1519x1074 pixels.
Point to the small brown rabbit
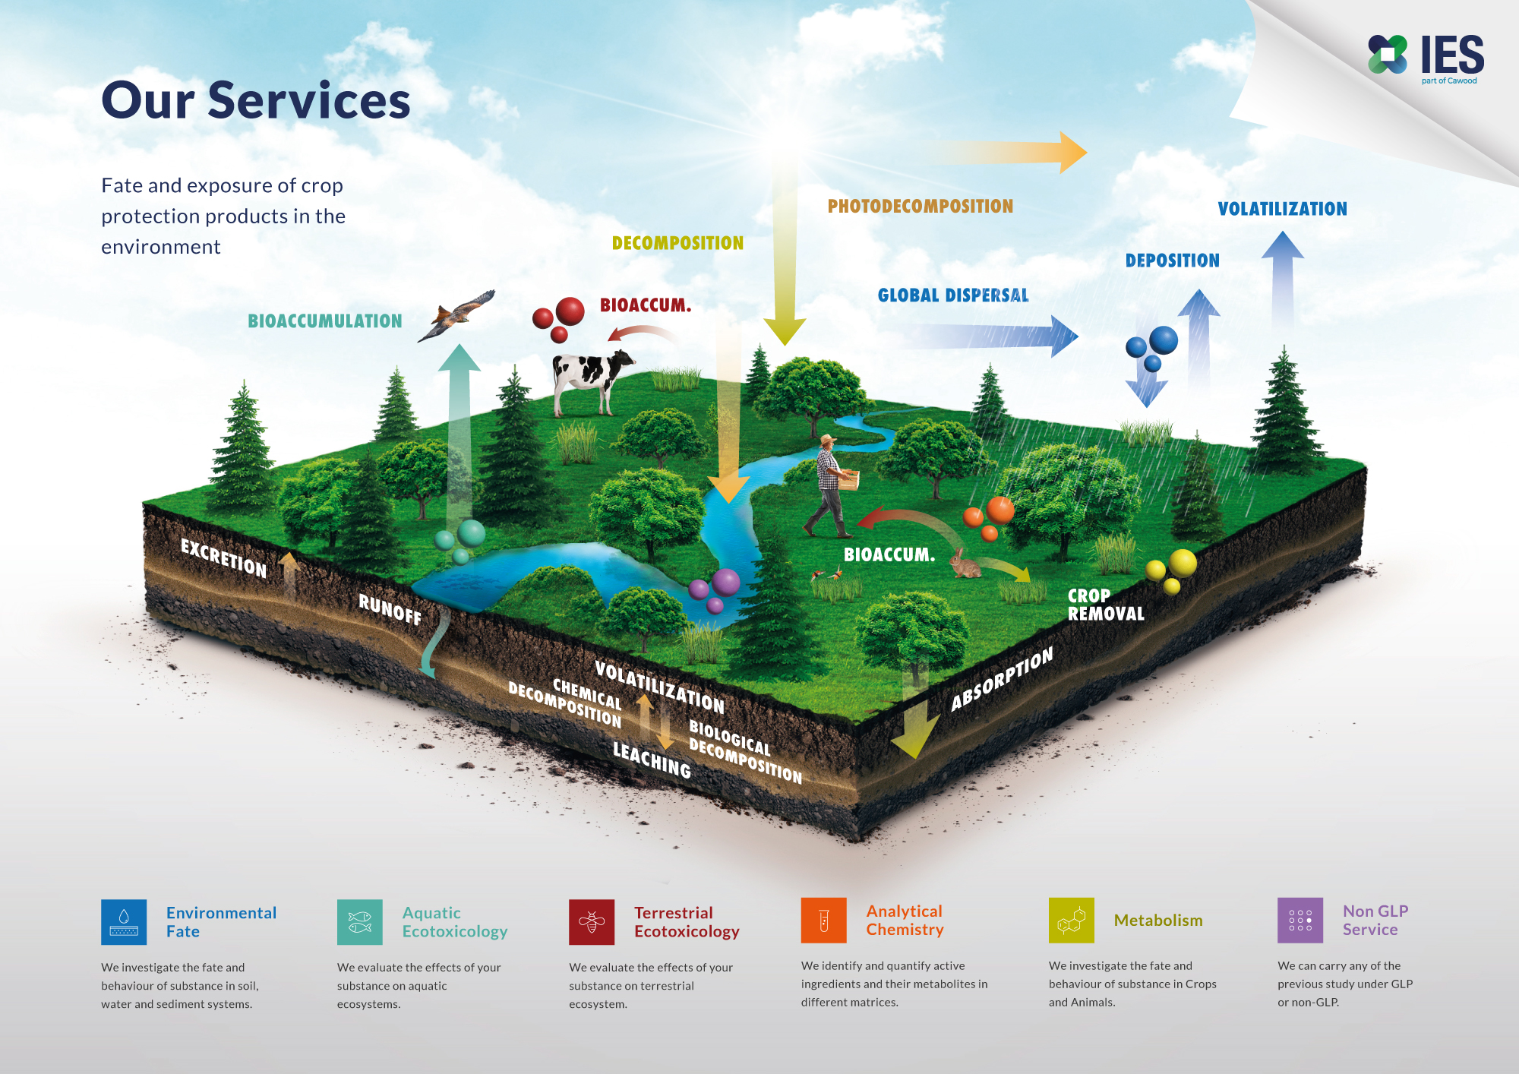[965, 564]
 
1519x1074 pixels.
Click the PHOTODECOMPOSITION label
[920, 206]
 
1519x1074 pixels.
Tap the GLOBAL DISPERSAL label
[952, 295]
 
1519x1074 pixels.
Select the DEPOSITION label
[1172, 261]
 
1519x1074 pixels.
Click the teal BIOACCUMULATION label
[324, 321]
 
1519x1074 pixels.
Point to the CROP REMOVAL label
[1105, 605]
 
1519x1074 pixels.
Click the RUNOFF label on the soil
[390, 608]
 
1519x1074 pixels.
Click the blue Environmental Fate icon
[124, 922]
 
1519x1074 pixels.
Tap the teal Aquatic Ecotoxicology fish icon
[359, 922]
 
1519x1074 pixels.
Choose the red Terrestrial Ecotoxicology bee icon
[592, 922]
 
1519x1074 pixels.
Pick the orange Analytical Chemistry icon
[823, 921]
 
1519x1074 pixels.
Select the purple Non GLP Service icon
[1300, 921]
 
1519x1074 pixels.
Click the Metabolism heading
[1157, 921]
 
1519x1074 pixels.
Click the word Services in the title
[308, 100]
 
